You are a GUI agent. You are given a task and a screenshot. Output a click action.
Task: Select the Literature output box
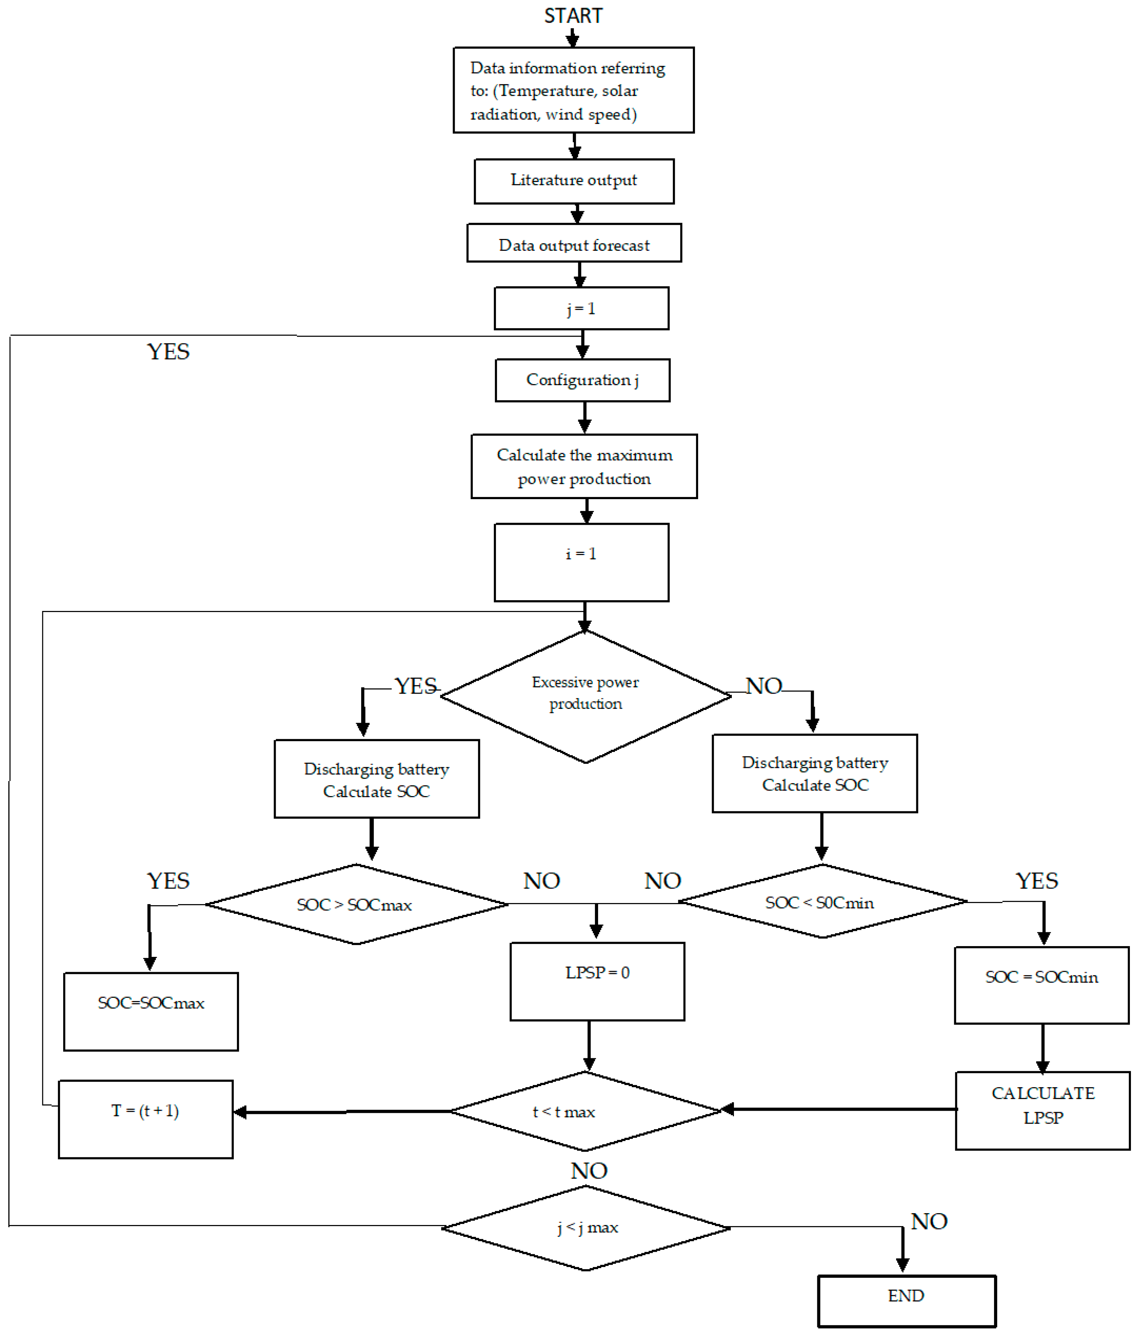(x=573, y=181)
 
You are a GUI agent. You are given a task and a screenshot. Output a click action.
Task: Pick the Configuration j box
(x=582, y=380)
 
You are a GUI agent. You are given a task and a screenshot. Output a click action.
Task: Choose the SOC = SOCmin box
(x=1041, y=985)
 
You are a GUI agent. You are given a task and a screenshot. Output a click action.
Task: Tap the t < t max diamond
(x=585, y=1111)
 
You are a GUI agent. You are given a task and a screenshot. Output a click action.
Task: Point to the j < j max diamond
(x=585, y=1228)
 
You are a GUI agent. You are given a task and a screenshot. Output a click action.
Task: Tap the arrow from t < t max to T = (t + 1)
(x=340, y=1112)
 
